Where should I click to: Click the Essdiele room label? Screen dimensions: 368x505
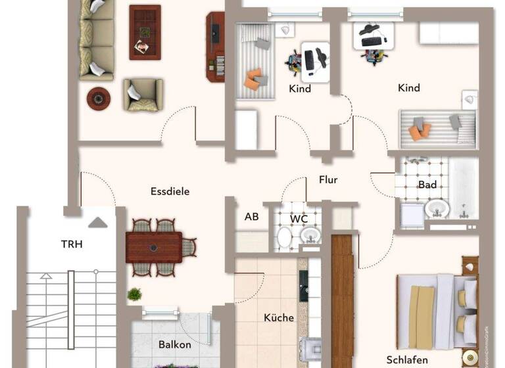[170, 192]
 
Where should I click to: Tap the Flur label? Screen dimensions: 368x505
[328, 179]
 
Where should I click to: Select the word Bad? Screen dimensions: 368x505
[427, 185]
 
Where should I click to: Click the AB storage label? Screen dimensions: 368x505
[251, 217]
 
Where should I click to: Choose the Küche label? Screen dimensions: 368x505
[279, 317]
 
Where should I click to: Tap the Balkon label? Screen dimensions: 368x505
[175, 344]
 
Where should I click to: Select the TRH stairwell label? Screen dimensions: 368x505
[72, 244]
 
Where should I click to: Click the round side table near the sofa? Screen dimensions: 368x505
[99, 99]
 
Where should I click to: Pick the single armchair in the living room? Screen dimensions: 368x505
[142, 94]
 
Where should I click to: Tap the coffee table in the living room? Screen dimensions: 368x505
[145, 32]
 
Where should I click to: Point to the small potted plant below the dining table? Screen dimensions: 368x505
[134, 294]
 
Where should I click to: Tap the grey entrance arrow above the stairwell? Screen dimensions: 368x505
[98, 223]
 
